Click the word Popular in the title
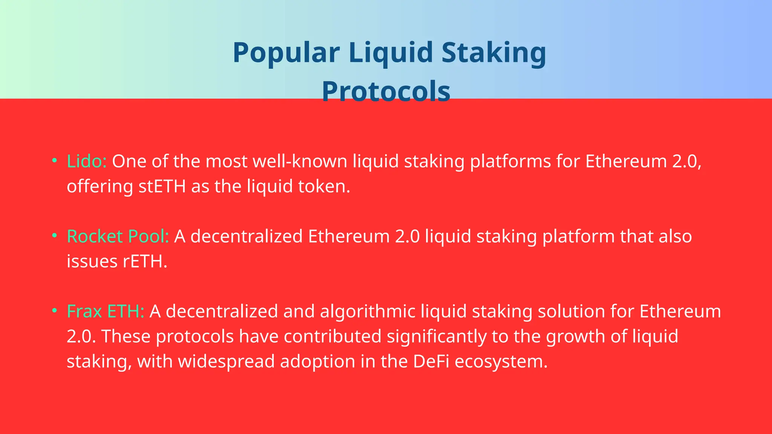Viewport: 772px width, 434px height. coord(286,53)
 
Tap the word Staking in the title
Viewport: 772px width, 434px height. coord(493,53)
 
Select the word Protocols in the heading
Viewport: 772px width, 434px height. coord(386,92)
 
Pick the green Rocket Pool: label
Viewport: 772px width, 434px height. coord(118,237)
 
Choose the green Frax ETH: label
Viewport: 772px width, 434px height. coord(106,312)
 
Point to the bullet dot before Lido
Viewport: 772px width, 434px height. coord(55,160)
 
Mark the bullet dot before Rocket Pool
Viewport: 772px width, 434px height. coord(55,236)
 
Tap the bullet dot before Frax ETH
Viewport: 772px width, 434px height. coord(55,311)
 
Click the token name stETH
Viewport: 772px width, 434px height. coord(162,186)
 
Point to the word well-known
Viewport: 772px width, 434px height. coord(300,161)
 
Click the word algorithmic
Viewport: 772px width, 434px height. coord(368,312)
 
